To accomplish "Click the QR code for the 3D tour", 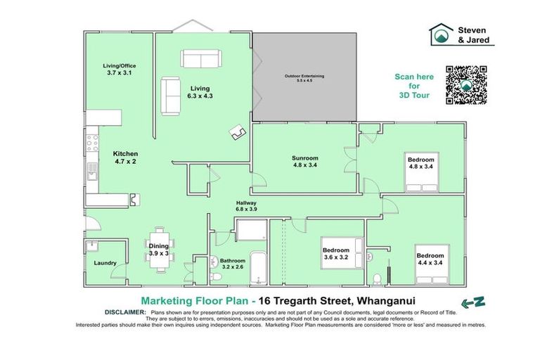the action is pos(466,85).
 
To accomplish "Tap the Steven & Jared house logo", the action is pos(441,34).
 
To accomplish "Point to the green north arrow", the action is pos(473,302).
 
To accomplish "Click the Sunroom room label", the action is pos(305,162).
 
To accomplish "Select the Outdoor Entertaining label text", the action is pos(304,78).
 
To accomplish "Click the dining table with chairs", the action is pos(159,250).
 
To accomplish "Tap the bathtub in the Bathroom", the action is pos(258,269).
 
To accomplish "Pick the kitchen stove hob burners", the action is pos(92,143).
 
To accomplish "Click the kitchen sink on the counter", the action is pos(92,172).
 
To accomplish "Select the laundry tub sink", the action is pos(92,246).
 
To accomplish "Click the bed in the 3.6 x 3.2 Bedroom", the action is pos(342,253).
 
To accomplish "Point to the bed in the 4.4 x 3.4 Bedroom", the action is pos(432,264).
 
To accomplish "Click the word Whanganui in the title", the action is pos(386,301).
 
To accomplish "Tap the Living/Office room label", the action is pos(119,69).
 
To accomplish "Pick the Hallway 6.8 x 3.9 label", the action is pos(246,206).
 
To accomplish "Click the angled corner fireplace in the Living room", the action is pos(238,132).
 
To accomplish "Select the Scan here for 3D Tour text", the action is pos(414,86).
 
